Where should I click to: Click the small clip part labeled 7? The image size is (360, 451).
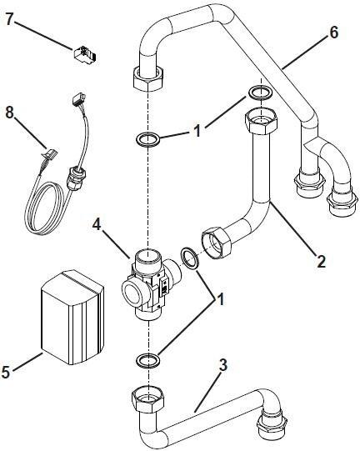click(84, 56)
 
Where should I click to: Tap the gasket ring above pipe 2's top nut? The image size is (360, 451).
click(259, 92)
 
